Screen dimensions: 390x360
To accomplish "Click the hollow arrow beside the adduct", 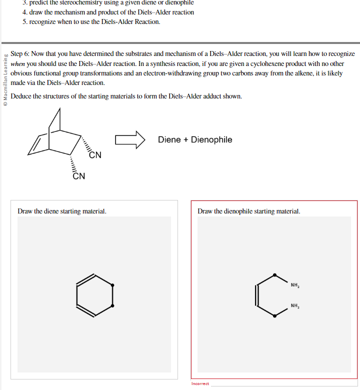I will [x=130, y=139].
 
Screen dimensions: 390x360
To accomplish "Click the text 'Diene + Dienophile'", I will [x=195, y=139].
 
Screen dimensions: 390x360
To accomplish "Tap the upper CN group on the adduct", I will [x=95, y=155].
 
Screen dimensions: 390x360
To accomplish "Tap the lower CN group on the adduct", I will [x=78, y=176].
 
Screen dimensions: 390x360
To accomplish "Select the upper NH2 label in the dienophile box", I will [x=295, y=285].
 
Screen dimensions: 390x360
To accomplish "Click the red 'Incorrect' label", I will [x=200, y=384].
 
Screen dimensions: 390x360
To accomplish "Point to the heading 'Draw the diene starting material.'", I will [x=62, y=211].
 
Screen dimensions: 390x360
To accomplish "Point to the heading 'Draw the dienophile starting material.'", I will [x=249, y=211].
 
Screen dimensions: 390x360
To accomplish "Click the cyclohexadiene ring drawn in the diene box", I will [x=94, y=295].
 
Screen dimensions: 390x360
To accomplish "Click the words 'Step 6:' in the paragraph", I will [x=20, y=53].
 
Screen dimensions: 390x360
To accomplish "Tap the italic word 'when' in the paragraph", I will [x=18, y=63].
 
